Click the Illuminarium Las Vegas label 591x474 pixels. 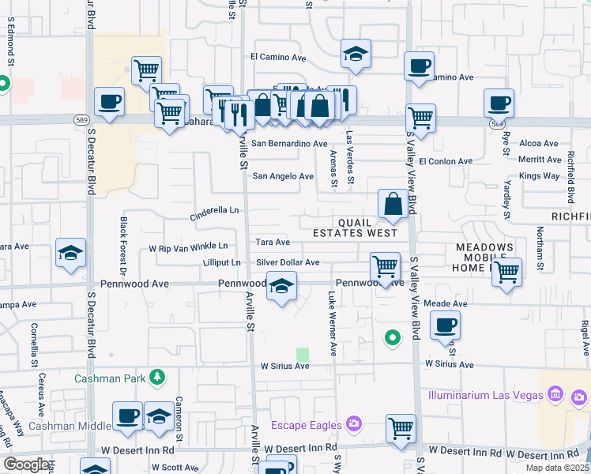tap(483, 394)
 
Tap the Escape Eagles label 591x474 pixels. tap(306, 425)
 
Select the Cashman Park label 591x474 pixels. tap(111, 378)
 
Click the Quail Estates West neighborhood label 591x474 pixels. tap(355, 228)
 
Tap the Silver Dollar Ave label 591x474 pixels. tap(288, 262)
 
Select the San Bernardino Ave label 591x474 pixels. tap(289, 144)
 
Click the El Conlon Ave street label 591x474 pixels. tap(446, 161)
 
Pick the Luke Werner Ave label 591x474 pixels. tap(333, 323)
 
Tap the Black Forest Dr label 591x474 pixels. tap(123, 245)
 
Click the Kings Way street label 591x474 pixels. tap(540, 175)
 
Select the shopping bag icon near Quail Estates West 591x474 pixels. tap(393, 205)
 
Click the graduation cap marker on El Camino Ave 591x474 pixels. tap(356, 54)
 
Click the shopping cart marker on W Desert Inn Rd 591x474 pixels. tap(401, 429)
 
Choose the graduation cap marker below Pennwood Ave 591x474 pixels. tap(280, 287)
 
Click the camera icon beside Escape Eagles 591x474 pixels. tap(352, 424)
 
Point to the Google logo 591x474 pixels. tap(26, 465)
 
